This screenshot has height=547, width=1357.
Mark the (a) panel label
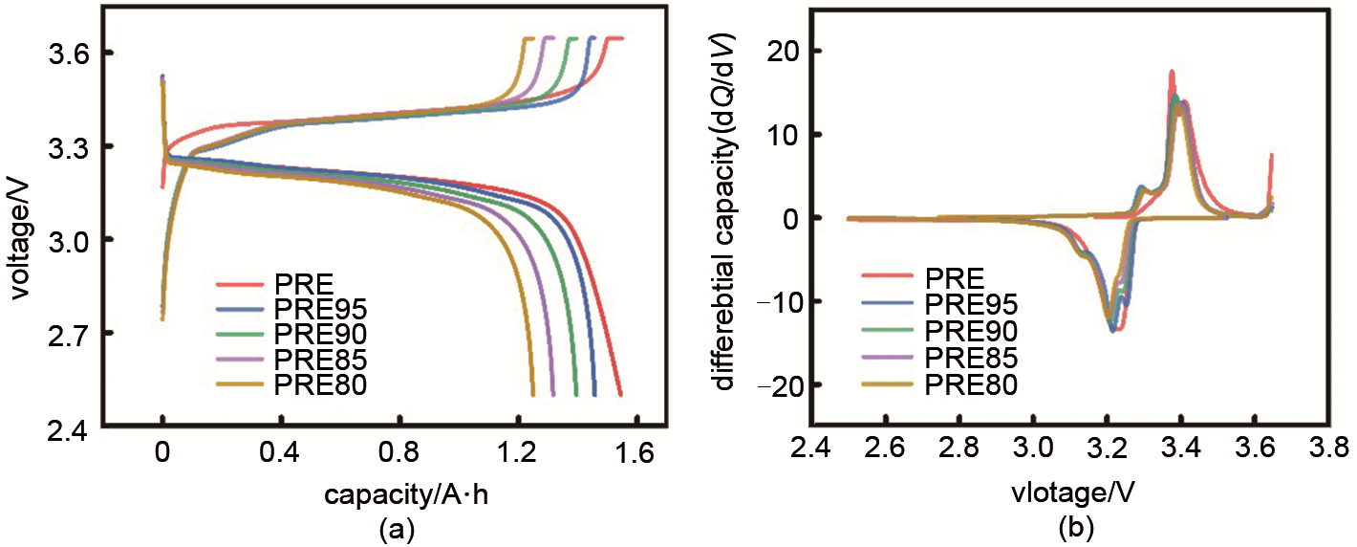tap(398, 528)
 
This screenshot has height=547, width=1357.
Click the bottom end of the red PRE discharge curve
tap(620, 394)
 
